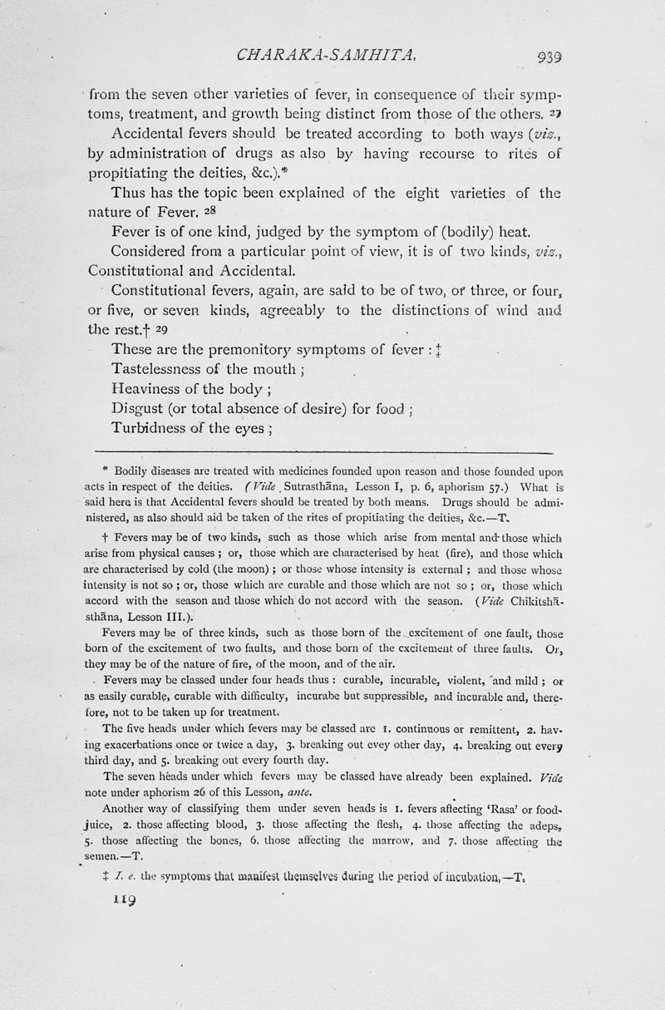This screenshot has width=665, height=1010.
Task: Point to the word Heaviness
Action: [x=150, y=388]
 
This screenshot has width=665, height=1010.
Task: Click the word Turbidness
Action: [x=153, y=428]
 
